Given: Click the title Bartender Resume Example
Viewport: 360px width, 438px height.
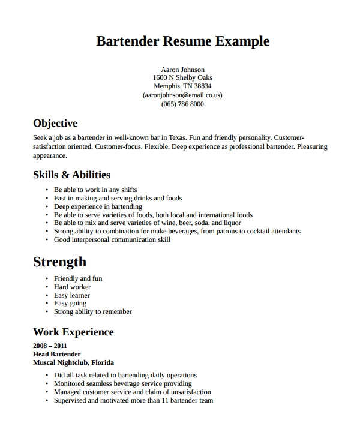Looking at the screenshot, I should tap(182, 41).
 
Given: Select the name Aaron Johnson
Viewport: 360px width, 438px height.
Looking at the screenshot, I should tap(183, 70).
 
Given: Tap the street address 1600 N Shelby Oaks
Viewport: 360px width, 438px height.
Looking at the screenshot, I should tap(182, 78).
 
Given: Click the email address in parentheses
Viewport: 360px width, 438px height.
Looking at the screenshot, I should tap(182, 95).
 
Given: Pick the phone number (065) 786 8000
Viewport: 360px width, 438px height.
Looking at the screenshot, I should tap(182, 104).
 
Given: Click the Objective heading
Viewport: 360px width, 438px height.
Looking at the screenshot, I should tap(55, 124).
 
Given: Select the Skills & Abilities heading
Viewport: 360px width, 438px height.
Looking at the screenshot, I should tap(71, 175).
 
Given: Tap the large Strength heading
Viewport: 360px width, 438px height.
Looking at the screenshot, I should tap(59, 262).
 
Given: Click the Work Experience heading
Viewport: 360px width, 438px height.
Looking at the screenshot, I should tap(73, 332).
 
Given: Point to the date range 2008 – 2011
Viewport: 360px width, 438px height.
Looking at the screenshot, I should tap(50, 346).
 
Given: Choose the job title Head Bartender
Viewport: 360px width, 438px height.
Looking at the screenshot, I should tap(56, 354).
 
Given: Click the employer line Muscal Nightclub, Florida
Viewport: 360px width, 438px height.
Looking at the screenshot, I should tap(73, 362).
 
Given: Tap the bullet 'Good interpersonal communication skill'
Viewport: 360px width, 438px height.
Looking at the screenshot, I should tap(112, 239).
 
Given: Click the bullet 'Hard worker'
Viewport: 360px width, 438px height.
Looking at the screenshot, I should tap(72, 287).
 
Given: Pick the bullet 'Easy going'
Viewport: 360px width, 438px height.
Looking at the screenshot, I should tap(70, 304).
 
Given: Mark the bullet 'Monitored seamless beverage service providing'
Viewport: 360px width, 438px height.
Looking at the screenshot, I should tap(123, 383).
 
